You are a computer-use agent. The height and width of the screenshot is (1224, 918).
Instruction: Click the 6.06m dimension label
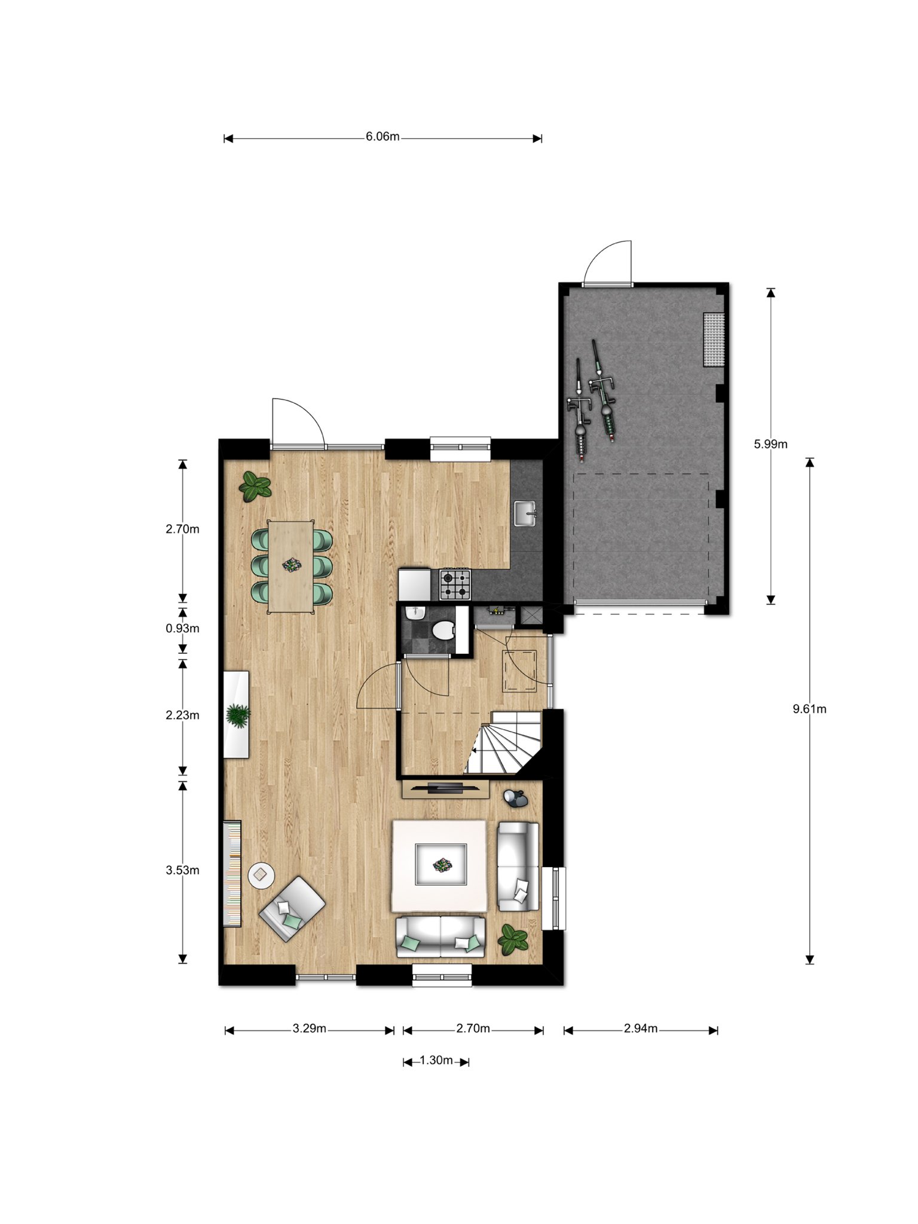coord(382,137)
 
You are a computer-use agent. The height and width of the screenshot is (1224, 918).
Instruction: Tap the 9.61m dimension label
coord(809,709)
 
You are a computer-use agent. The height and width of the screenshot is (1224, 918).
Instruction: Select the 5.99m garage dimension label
coord(770,444)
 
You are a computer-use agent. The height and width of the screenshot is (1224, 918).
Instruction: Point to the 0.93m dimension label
coord(182,629)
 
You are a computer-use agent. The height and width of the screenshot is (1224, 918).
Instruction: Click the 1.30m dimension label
coord(436,1060)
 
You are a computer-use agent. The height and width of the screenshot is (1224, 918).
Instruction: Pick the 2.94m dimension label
coord(641,1029)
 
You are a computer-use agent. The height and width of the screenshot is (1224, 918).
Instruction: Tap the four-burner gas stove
coord(455,585)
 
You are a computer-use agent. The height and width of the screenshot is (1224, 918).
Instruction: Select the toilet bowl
coord(443,630)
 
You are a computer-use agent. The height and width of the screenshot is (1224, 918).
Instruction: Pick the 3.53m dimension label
coord(182,871)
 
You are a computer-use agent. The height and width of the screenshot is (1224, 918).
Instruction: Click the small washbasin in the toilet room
coord(414,613)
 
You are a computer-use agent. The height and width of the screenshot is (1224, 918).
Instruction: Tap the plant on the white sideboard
coord(238,715)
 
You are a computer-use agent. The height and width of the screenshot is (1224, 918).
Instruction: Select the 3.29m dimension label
coord(309,1029)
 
